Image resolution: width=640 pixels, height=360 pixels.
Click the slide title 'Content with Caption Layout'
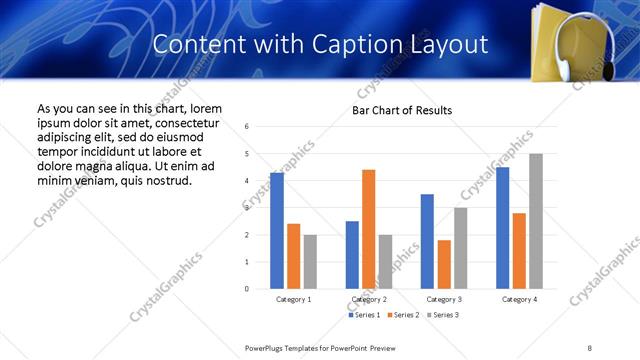[320, 44]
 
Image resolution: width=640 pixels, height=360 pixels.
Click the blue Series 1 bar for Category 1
[277, 230]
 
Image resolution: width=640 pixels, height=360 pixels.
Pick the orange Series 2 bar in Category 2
[368, 229]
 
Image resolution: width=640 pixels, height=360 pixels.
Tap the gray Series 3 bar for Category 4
[536, 221]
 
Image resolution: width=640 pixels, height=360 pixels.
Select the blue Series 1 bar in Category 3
[427, 241]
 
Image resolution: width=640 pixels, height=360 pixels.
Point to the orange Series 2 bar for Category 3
[444, 264]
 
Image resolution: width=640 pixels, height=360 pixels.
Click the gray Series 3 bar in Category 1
[311, 261]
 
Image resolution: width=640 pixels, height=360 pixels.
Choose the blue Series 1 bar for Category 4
[502, 228]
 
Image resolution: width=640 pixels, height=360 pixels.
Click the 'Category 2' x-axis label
[369, 299]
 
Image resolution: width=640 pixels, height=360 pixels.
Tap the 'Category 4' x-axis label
[519, 299]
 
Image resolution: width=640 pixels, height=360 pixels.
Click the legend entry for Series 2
[404, 315]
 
